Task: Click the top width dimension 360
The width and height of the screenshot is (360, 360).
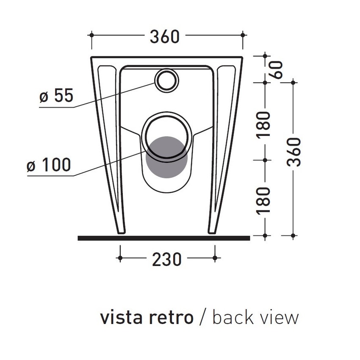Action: pos(165,37)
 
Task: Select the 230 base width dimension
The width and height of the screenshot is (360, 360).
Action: pos(167,259)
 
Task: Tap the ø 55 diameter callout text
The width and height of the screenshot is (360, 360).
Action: pos(56,97)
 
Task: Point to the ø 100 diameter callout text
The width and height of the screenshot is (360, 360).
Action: pos(49,165)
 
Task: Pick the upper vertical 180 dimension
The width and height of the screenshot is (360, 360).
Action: pos(264,124)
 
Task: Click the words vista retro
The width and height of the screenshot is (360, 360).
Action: pos(147,317)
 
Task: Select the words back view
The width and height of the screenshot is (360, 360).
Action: pos(255,317)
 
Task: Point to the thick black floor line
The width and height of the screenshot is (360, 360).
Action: pos(164,238)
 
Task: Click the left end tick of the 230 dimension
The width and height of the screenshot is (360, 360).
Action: pos(120,258)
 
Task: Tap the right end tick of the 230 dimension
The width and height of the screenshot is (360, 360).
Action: pos(215,258)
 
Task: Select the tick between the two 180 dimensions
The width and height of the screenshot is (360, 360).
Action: pos(265,160)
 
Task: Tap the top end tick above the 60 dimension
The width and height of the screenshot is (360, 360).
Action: pos(265,55)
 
